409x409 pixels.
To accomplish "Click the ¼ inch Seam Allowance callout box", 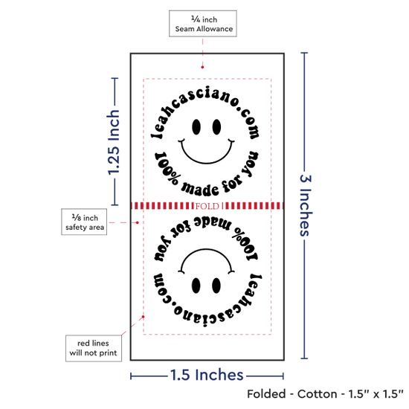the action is pyautogui.click(x=203, y=24).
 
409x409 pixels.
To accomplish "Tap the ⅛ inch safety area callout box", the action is pyautogui.click(x=84, y=222).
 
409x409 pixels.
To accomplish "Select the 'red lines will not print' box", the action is pyautogui.click(x=94, y=348).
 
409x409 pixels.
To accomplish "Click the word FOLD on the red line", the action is pyautogui.click(x=207, y=206).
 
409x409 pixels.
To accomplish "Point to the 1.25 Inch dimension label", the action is pyautogui.click(x=114, y=142).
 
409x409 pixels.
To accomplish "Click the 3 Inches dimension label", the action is pyautogui.click(x=305, y=205).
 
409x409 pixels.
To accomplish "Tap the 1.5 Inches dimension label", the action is pyautogui.click(x=207, y=375).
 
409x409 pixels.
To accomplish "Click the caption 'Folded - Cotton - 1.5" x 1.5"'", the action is pyautogui.click(x=325, y=394).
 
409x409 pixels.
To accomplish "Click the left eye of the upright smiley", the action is pyautogui.click(x=196, y=127).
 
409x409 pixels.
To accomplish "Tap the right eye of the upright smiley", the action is pyautogui.click(x=216, y=127).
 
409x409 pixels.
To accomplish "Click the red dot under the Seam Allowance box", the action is pyautogui.click(x=202, y=67).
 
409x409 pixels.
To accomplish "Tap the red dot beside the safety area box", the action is pyautogui.click(x=138, y=222).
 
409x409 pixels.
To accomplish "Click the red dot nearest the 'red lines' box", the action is pyautogui.click(x=143, y=317).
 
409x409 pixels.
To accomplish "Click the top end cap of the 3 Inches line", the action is pyautogui.click(x=304, y=53).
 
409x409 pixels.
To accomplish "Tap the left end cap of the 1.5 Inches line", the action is pyautogui.click(x=131, y=376).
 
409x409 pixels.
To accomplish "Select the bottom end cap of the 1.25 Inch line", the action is pyautogui.click(x=115, y=204).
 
